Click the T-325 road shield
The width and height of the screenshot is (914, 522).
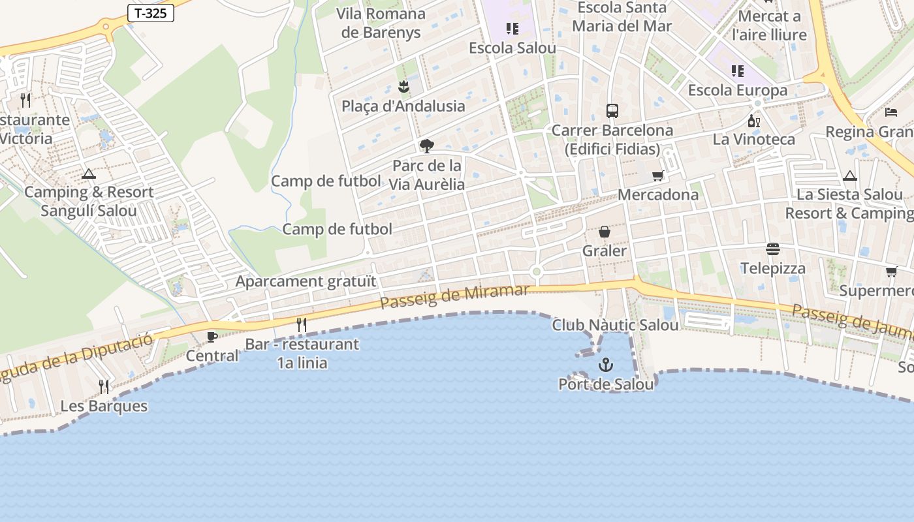coord(151,13)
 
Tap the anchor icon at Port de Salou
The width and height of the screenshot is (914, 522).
coord(606,364)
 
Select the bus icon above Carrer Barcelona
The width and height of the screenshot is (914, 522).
coord(612,111)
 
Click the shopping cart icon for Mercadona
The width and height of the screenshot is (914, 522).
coord(657,176)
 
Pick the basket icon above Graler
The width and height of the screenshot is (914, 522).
coord(605,232)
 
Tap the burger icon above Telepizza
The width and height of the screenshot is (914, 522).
coord(773,249)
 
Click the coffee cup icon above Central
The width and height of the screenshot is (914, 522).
coord(212,337)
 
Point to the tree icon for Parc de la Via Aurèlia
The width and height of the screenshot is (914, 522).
coord(427,146)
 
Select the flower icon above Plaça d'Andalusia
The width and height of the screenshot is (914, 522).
coord(403,87)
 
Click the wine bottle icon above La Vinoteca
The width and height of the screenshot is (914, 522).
coord(753,121)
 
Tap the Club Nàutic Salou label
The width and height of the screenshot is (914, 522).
coord(615,325)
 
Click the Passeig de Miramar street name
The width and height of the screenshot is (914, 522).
coord(454,297)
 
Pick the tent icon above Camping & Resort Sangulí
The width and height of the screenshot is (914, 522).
coord(89,174)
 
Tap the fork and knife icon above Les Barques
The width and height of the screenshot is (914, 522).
coord(104,387)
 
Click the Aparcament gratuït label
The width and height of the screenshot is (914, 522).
coord(306,282)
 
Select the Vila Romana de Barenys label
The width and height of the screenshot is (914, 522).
coord(381,23)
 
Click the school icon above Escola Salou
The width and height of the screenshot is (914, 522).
coord(512,29)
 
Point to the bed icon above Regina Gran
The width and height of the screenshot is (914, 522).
coord(891,112)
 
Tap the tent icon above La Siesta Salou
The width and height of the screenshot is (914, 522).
coord(849,176)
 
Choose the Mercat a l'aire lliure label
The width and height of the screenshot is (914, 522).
coord(769,25)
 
